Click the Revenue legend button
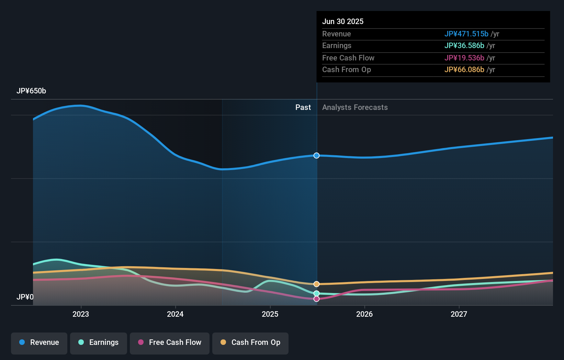pos(39,343)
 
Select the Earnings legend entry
pos(99,343)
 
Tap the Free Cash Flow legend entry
pos(170,343)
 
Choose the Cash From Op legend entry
pos(250,343)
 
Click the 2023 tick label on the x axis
pos(81,314)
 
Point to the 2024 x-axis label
pos(175,314)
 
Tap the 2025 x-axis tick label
pos(270,314)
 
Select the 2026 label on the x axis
pos(364,314)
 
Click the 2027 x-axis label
pos(459,314)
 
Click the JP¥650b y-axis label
pos(31,91)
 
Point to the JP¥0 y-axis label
pos(25,297)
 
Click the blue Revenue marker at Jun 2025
pos(316,156)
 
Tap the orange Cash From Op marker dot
pos(316,284)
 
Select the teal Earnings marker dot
pos(316,293)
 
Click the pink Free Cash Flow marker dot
pos(316,299)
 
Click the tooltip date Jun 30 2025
pos(343,22)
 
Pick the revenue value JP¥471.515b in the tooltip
pos(466,34)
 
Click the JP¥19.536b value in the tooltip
pos(464,58)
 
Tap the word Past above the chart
pos(303,108)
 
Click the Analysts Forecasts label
pos(355,108)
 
